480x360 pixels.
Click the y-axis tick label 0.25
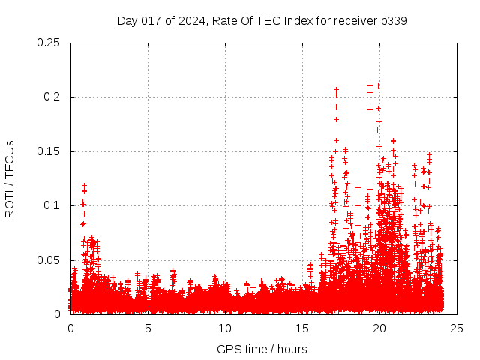49,43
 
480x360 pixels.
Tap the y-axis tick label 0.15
49,151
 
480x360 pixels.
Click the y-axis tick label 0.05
49,259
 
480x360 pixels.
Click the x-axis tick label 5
148,328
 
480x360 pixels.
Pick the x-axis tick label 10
225,328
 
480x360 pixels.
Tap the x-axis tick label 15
302,328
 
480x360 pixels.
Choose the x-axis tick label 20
379,328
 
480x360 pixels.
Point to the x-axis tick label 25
457,328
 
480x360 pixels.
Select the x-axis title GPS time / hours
262,349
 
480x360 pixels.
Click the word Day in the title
127,20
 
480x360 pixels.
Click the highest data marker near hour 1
85,184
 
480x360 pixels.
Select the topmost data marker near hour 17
336,89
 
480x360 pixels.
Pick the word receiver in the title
352,20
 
